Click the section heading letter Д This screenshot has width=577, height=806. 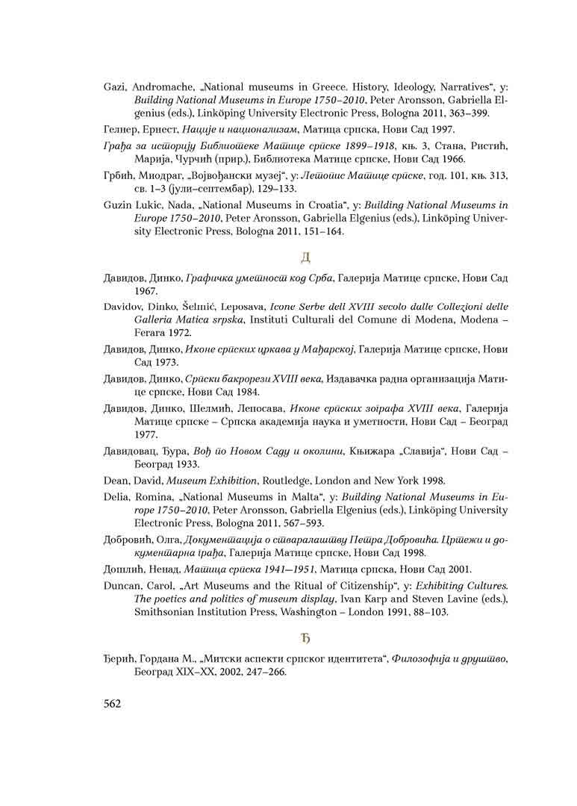(x=305, y=258)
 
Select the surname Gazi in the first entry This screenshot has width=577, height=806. (x=116, y=87)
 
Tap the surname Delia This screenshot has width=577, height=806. (x=117, y=496)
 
